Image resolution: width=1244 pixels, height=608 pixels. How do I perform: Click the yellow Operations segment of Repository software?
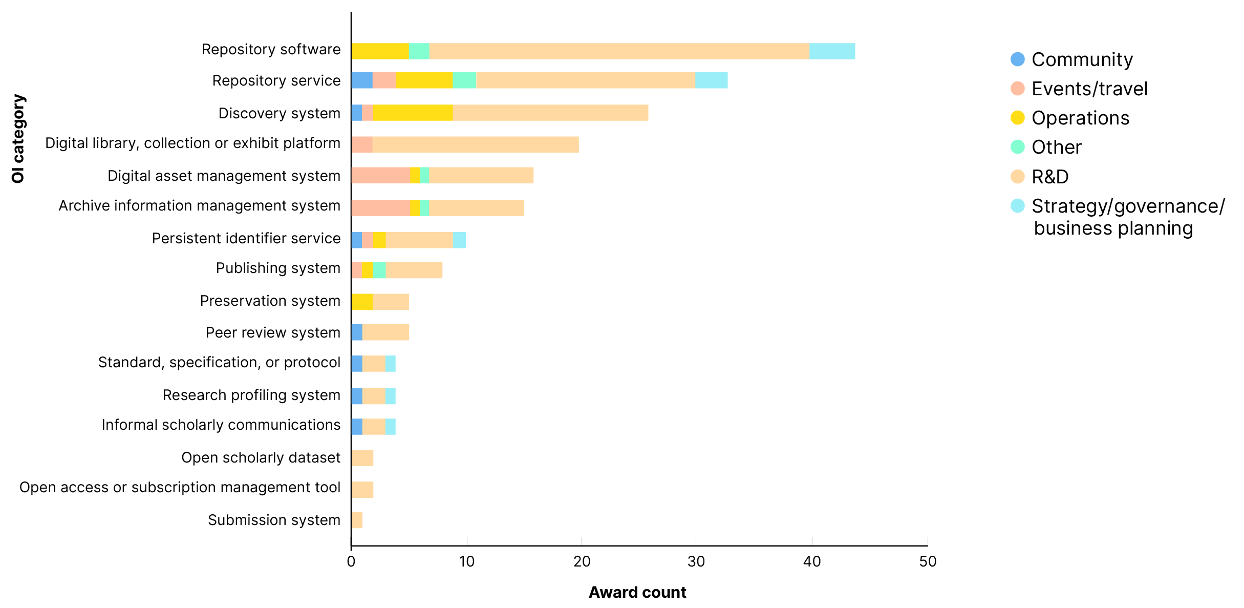tap(380, 51)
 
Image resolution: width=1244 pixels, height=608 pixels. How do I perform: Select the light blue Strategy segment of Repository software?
tap(832, 51)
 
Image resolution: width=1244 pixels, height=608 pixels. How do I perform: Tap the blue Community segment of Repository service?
tap(362, 80)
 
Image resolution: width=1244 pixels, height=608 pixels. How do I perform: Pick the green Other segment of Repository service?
tap(464, 80)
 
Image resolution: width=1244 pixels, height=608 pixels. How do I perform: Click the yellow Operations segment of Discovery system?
tap(413, 113)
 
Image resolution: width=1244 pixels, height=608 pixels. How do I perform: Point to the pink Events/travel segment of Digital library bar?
tap(362, 144)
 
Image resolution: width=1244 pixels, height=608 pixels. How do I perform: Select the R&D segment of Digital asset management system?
tap(481, 175)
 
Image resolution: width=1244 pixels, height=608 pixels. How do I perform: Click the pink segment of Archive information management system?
tap(380, 207)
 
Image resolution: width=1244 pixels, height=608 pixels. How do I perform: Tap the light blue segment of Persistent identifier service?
tap(459, 240)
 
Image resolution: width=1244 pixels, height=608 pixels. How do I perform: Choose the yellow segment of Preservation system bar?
tap(362, 302)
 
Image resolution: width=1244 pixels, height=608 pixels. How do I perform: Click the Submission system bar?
tap(357, 520)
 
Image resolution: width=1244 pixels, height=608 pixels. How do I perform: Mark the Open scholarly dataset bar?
tap(362, 458)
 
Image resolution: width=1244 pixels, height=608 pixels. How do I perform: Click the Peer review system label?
tap(273, 332)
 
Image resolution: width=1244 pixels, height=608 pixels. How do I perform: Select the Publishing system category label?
tap(278, 268)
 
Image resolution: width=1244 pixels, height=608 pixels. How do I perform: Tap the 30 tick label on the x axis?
tap(696, 562)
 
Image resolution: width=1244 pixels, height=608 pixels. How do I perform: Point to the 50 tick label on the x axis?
tap(928, 562)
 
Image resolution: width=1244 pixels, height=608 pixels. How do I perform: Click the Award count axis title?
tap(637, 592)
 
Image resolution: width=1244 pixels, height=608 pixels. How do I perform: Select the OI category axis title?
tap(18, 138)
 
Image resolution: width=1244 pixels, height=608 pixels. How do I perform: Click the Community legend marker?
tap(1017, 59)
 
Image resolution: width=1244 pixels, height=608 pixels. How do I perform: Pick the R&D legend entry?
tap(1049, 177)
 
